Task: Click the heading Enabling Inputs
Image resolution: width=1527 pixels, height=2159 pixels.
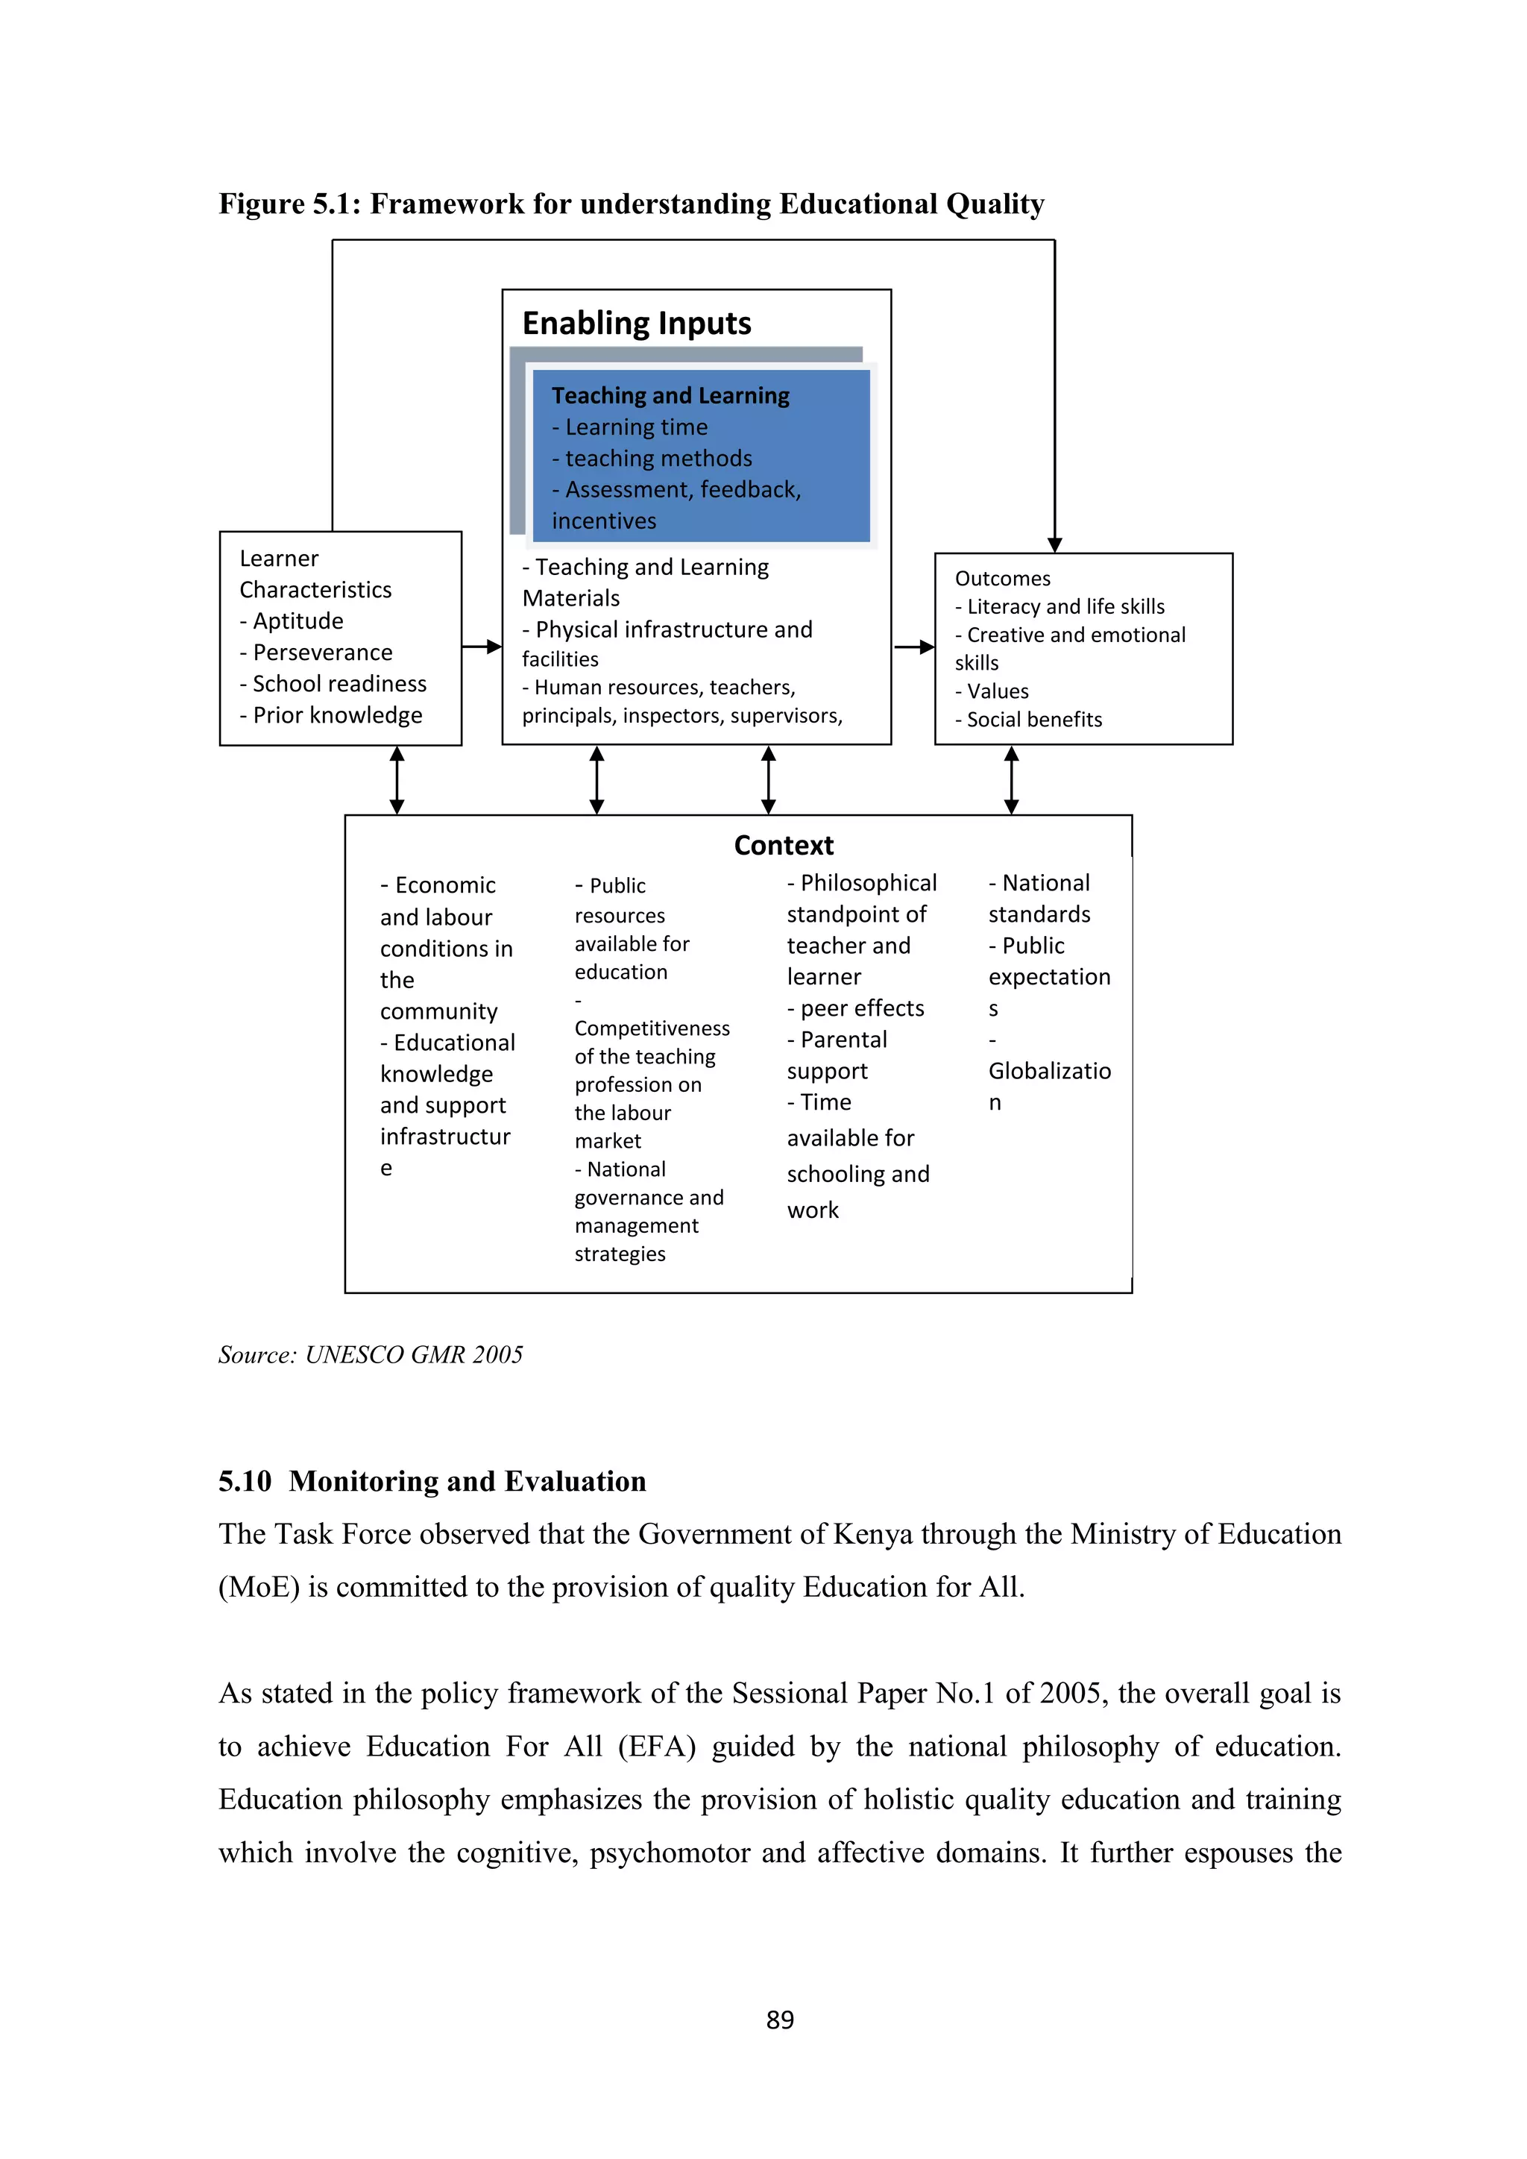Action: click(x=637, y=324)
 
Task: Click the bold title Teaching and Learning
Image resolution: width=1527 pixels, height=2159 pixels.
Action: click(x=670, y=396)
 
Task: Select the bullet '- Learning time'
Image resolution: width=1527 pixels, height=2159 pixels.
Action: click(x=630, y=428)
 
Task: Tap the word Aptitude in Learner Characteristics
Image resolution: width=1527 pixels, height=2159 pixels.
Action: click(x=298, y=621)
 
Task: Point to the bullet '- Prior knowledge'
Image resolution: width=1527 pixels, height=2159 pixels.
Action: click(x=331, y=716)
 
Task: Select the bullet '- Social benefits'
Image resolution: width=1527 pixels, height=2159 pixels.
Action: click(x=1029, y=720)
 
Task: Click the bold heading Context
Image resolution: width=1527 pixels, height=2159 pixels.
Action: click(x=783, y=846)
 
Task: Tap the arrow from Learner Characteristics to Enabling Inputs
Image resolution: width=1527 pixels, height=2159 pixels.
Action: click(x=482, y=647)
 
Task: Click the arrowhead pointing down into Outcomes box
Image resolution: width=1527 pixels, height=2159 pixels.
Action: click(x=1055, y=544)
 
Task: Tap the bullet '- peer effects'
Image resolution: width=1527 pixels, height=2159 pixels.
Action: click(x=856, y=1009)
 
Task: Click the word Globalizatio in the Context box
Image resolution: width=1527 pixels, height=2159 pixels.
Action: click(x=1049, y=1072)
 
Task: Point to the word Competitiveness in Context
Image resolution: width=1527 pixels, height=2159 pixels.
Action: click(x=652, y=1028)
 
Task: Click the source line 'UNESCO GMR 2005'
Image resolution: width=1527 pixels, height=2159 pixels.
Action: click(x=414, y=1355)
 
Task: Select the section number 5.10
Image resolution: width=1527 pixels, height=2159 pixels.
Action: click(x=245, y=1482)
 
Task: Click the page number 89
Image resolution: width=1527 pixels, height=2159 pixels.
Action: click(x=779, y=2020)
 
